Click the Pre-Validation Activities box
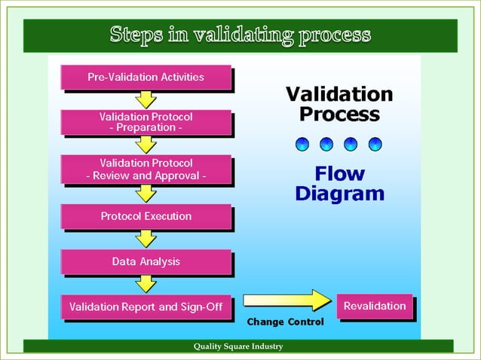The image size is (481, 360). pyautogui.click(x=146, y=77)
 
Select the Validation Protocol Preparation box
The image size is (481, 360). pyautogui.click(x=146, y=122)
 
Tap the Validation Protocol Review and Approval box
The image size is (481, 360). pyautogui.click(x=146, y=169)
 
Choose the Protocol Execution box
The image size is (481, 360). pyautogui.click(x=146, y=216)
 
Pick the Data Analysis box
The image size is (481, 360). pyautogui.click(x=146, y=262)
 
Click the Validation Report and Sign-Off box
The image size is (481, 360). pyautogui.click(x=146, y=307)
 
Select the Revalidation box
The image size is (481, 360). pyautogui.click(x=375, y=306)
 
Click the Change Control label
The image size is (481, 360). pyautogui.click(x=286, y=322)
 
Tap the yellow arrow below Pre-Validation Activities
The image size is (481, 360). pyautogui.click(x=146, y=99)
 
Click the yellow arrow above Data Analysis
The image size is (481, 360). pyautogui.click(x=146, y=239)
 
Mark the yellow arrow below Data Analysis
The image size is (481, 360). pyautogui.click(x=146, y=284)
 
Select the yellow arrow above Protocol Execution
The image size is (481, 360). pyautogui.click(x=146, y=193)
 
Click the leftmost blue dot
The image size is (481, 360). pyautogui.click(x=302, y=143)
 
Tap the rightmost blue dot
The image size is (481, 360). pyautogui.click(x=375, y=143)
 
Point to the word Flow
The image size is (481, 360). pyautogui.click(x=340, y=175)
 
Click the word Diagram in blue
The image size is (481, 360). pyautogui.click(x=340, y=194)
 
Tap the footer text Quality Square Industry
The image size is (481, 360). pyautogui.click(x=238, y=346)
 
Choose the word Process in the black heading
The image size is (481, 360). pyautogui.click(x=340, y=115)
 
